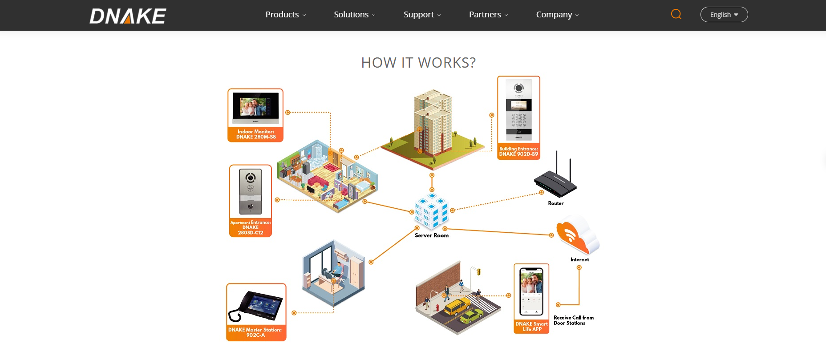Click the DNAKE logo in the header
128,16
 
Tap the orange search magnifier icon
676,14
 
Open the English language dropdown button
724,15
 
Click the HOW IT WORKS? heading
418,63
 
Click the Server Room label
431,235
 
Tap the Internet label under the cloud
579,259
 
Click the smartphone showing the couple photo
531,291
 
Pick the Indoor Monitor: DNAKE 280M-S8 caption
255,134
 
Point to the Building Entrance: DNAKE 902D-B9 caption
518,152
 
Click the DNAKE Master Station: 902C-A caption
255,332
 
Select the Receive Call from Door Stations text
573,320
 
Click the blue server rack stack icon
431,211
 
